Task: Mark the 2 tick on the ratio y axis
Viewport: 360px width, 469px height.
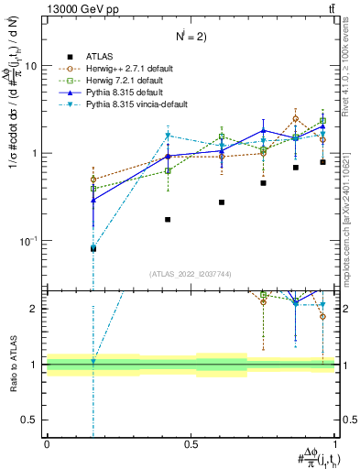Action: click(x=37, y=309)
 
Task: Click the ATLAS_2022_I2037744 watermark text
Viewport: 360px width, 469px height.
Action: click(x=191, y=274)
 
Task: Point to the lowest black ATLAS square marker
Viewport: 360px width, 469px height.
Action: click(x=93, y=248)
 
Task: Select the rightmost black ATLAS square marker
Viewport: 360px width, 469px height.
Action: click(x=322, y=162)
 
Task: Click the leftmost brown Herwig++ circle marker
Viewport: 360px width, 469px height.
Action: click(x=93, y=180)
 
